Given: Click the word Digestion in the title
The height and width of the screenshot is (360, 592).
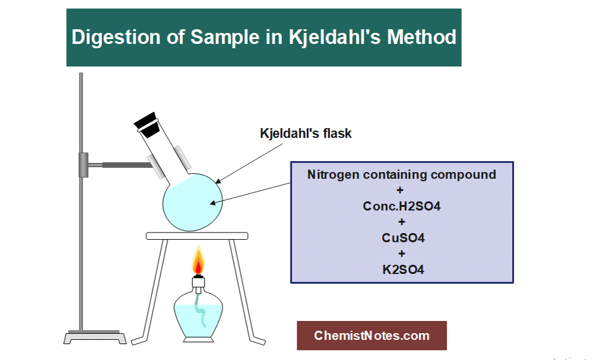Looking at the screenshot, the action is [116, 38].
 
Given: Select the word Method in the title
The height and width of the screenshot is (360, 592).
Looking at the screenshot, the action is [422, 37].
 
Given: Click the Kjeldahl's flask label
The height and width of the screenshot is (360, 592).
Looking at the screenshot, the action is [305, 134].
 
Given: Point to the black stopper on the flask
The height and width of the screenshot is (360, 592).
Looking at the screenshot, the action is [147, 124].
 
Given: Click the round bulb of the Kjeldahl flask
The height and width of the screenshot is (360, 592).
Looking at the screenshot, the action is [192, 202].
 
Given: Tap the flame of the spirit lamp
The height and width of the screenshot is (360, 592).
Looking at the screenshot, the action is [198, 261].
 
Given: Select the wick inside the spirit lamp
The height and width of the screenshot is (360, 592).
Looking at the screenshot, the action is [200, 309].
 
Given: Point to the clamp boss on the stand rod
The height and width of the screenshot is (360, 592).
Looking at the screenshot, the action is [84, 165].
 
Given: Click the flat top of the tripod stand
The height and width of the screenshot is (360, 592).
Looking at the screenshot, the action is [197, 236].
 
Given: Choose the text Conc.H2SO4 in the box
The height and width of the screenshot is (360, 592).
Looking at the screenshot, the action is [402, 206].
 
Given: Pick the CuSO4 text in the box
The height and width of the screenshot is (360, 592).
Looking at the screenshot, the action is [403, 238].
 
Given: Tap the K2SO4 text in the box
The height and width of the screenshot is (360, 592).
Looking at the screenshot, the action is [403, 270].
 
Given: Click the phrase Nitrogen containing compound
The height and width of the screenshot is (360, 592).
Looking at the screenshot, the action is [402, 175].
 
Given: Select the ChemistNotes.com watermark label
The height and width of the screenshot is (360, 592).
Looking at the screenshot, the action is [372, 336].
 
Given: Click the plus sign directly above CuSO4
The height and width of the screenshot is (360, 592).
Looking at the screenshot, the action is [402, 222].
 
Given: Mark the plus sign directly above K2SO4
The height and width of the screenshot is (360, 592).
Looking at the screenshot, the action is [402, 254].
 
